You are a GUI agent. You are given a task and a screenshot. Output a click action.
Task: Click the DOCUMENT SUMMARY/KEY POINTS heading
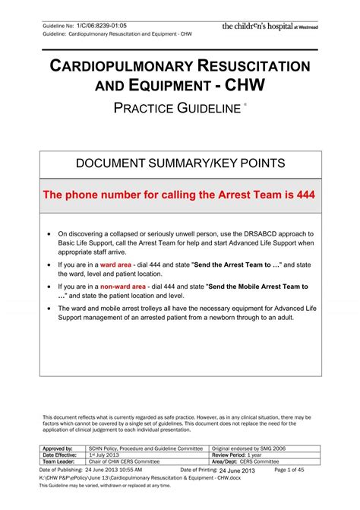(179, 164)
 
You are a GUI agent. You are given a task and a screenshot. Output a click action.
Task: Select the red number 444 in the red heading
(302, 195)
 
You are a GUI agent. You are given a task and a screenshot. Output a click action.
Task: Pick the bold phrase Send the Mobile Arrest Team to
(251, 287)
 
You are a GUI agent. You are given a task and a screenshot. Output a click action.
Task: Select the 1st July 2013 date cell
(106, 455)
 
